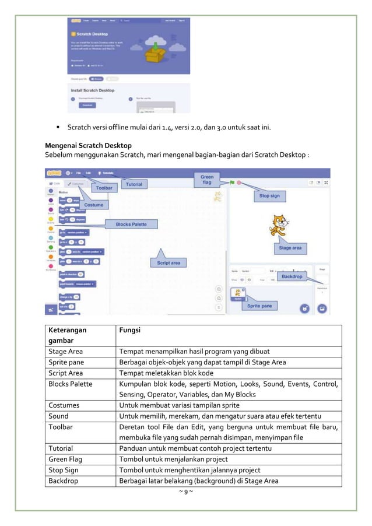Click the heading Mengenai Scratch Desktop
coord(88,145)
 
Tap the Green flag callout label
coord(207,180)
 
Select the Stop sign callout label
coord(269,197)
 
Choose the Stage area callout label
coord(290,248)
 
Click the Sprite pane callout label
coord(261,306)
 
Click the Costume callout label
coord(93,205)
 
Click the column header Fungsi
coord(129,329)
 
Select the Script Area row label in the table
coord(66,373)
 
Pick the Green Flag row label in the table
coord(65,459)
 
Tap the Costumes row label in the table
coord(64,405)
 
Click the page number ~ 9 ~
coord(185,492)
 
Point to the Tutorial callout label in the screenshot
coord(134,184)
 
